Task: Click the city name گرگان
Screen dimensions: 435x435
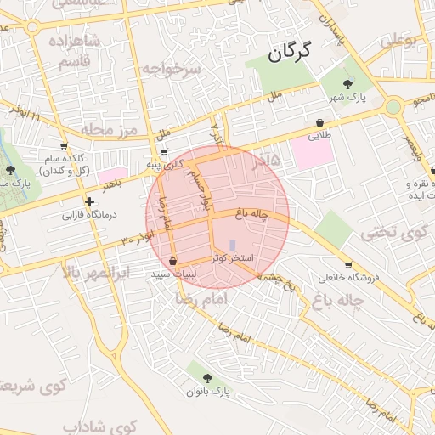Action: pyautogui.click(x=289, y=52)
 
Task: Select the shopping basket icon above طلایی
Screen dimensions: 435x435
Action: pyautogui.click(x=319, y=122)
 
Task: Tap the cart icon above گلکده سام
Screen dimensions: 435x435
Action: pyautogui.click(x=64, y=145)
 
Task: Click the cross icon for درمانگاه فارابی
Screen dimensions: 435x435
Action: pyautogui.click(x=89, y=201)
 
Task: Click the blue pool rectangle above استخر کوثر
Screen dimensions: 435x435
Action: pyautogui.click(x=232, y=246)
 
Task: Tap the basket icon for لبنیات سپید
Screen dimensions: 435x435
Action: pyautogui.click(x=174, y=262)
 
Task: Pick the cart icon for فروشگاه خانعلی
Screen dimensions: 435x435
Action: pyautogui.click(x=347, y=265)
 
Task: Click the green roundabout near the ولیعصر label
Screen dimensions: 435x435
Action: pyautogui.click(x=393, y=107)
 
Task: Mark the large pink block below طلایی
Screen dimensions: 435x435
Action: pyautogui.click(x=313, y=154)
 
